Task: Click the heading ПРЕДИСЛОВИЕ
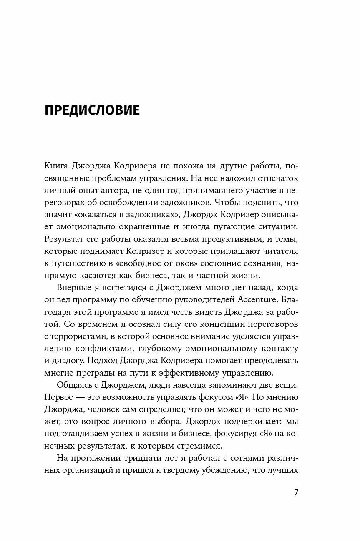pyautogui.click(x=92, y=110)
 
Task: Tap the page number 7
pyautogui.click(x=296, y=492)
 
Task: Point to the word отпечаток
pyautogui.click(x=277, y=178)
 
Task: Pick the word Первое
pyautogui.click(x=58, y=409)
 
